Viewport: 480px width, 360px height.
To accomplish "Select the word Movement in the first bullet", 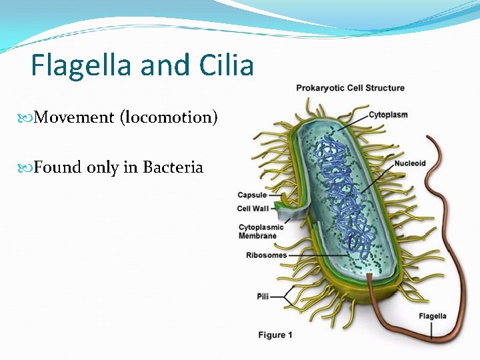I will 74,118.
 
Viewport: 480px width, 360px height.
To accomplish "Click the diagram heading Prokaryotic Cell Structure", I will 350,88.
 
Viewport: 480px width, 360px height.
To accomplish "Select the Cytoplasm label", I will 388,115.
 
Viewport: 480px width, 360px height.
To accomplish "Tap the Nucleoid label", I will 409,163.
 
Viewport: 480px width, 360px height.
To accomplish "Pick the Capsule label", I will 252,195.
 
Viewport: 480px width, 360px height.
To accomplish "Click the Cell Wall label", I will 253,209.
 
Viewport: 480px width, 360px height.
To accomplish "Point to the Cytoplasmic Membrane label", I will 261,231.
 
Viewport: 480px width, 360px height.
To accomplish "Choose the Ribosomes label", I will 266,255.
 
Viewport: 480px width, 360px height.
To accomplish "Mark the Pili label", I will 263,296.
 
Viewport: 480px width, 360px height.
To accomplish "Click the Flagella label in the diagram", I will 433,316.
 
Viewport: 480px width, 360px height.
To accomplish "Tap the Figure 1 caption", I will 275,335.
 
